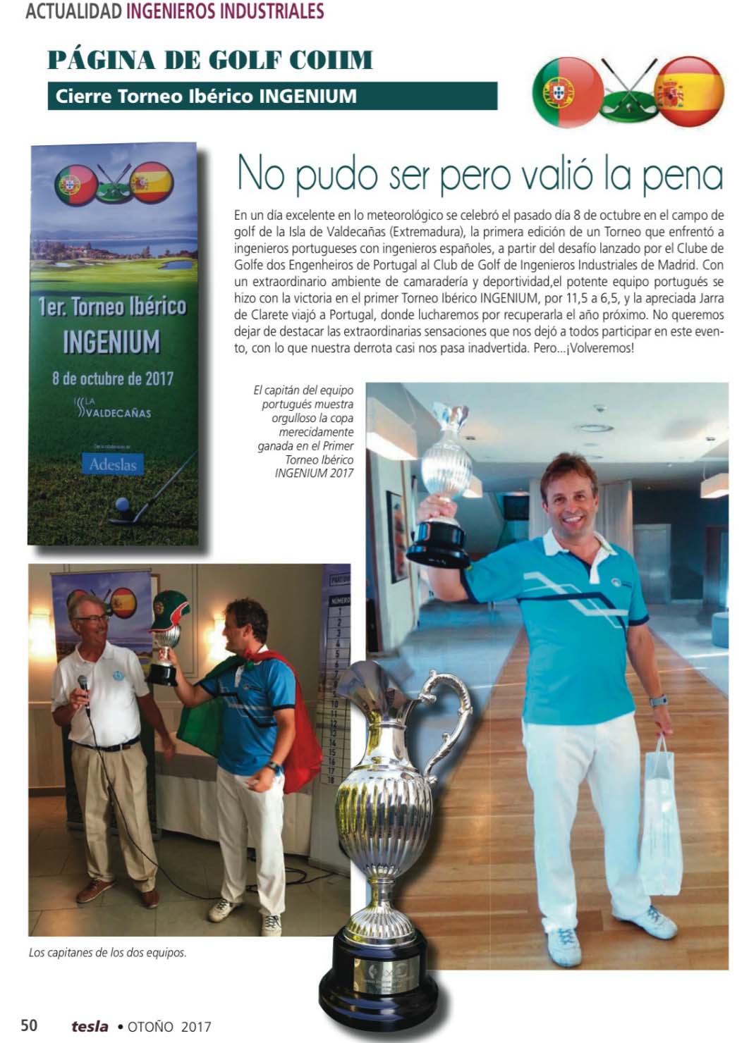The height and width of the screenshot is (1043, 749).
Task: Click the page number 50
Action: click(x=29, y=1025)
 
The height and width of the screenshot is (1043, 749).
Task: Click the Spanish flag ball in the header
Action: click(x=689, y=92)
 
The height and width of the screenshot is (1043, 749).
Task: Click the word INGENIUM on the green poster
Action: click(x=111, y=342)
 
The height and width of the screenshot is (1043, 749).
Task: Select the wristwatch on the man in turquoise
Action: click(x=659, y=701)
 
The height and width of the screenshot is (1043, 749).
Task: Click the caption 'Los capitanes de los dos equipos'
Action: click(x=108, y=952)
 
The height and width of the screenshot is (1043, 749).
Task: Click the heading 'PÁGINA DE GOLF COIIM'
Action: click(x=209, y=61)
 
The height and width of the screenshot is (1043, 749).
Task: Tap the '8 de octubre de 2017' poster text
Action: click(x=112, y=378)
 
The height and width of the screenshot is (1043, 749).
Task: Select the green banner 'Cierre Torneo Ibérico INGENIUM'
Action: click(x=272, y=96)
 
